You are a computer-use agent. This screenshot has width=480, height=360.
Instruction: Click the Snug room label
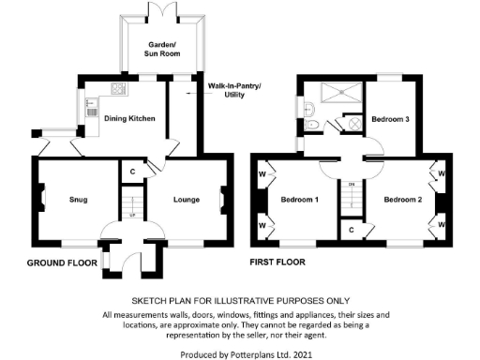pyautogui.click(x=78, y=199)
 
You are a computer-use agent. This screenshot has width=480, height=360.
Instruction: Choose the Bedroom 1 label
pyautogui.click(x=305, y=199)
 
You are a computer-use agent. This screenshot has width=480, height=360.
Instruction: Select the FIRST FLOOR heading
pyautogui.click(x=278, y=262)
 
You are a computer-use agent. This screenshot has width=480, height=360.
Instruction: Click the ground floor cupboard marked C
pyautogui.click(x=133, y=172)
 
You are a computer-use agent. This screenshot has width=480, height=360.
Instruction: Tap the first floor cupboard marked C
pyautogui.click(x=351, y=228)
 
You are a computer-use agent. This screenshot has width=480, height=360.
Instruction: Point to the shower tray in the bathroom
pyautogui.click(x=341, y=93)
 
